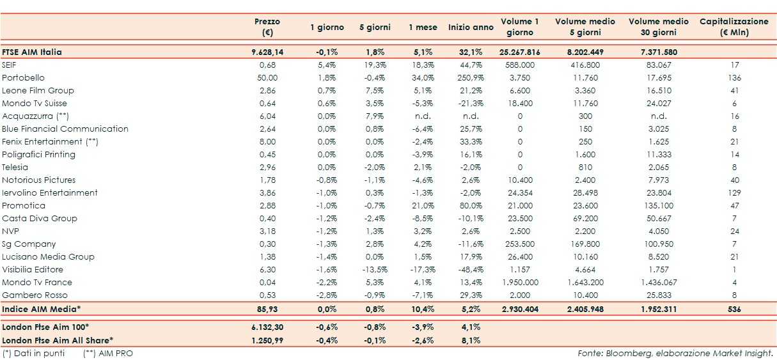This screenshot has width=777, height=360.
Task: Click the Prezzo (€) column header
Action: click(x=267, y=27)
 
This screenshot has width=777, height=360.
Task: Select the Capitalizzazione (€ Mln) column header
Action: click(x=734, y=27)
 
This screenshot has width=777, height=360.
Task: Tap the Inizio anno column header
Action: click(x=471, y=27)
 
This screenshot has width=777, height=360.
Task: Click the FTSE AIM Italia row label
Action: click(x=32, y=52)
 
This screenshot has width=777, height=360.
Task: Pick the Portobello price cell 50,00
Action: click(x=267, y=77)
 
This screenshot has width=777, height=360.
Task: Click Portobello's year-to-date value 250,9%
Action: click(x=471, y=77)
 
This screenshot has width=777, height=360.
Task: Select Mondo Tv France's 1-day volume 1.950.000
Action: click(x=520, y=282)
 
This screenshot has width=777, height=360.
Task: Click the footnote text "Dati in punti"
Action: click(x=38, y=352)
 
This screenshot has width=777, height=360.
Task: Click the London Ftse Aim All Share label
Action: click(x=57, y=340)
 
